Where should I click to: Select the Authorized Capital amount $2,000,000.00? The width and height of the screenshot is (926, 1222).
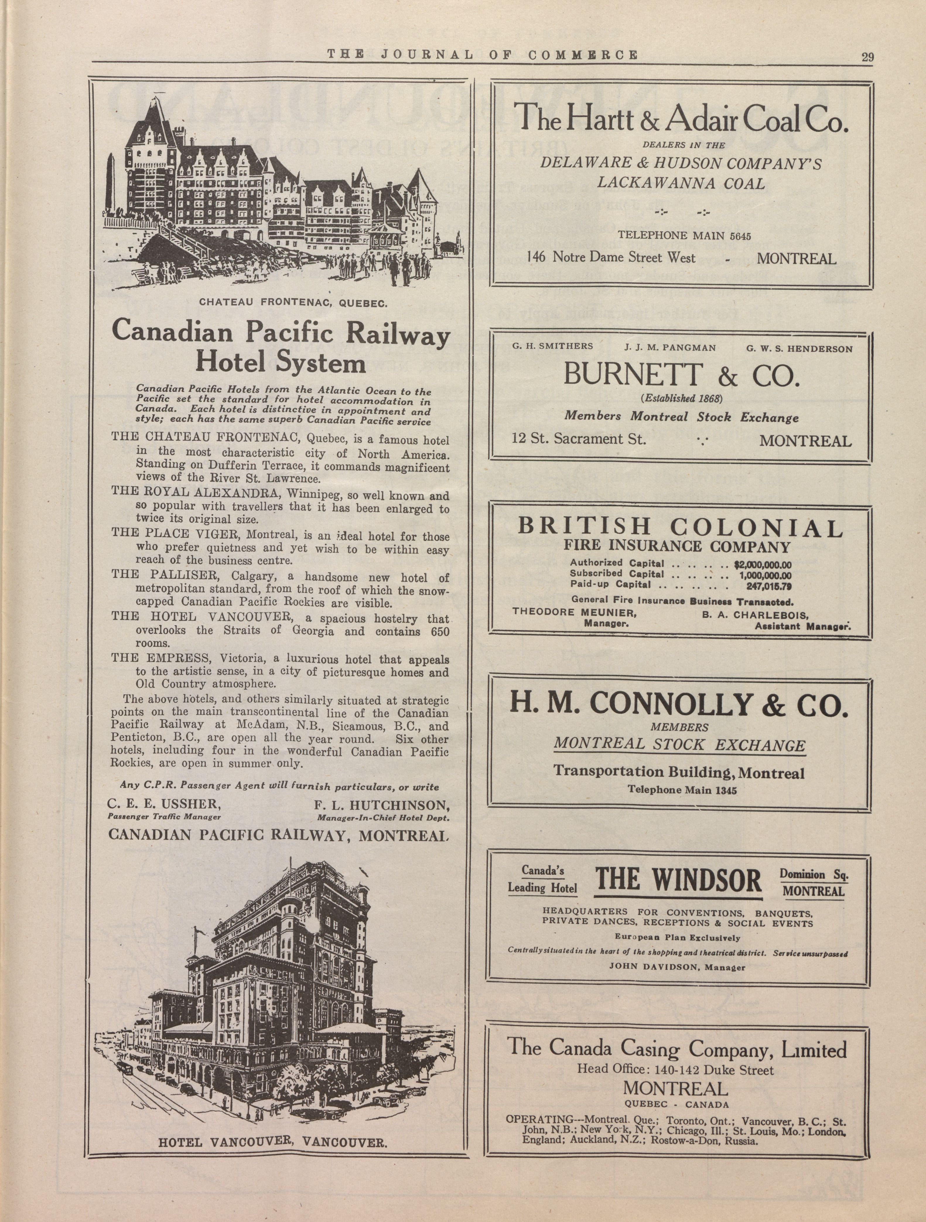(763, 565)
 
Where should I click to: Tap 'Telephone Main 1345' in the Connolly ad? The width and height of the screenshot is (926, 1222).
(682, 790)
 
